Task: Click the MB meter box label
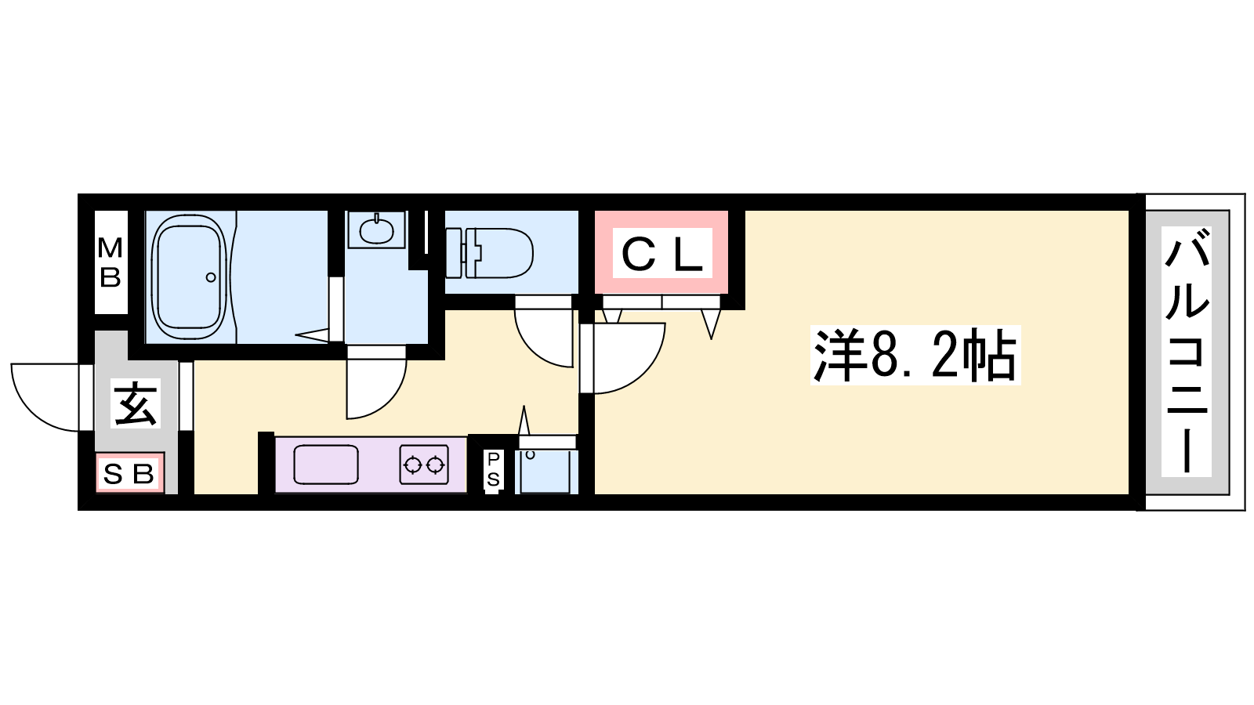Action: [111, 262]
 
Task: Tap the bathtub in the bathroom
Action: [190, 277]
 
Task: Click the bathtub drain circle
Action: [211, 277]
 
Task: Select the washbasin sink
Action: [376, 230]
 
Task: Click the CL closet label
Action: [661, 253]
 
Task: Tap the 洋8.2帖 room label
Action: [915, 356]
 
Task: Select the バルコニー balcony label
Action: [1187, 352]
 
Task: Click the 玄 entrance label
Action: [136, 403]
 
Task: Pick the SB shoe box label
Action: [129, 475]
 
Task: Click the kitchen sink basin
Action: [326, 465]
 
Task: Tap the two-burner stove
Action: [424, 465]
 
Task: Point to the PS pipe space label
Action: [493, 470]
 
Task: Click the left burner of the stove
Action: [412, 465]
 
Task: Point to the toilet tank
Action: [455, 253]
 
